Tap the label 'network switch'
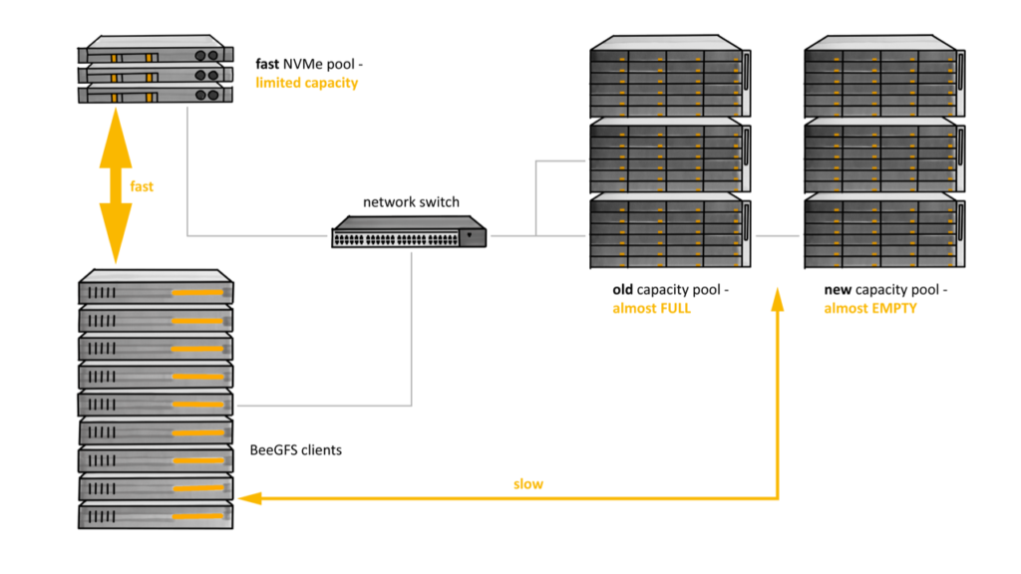411,202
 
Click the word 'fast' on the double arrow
142,186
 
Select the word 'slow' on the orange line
528,484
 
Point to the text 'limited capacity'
306,83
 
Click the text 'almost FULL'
651,308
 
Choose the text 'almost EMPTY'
869,308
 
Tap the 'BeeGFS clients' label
295,450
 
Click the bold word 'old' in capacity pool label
623,290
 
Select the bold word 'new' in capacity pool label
838,290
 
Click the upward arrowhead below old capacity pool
778,296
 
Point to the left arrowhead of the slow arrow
250,497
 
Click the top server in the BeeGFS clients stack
156,289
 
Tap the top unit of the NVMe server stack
156,51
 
